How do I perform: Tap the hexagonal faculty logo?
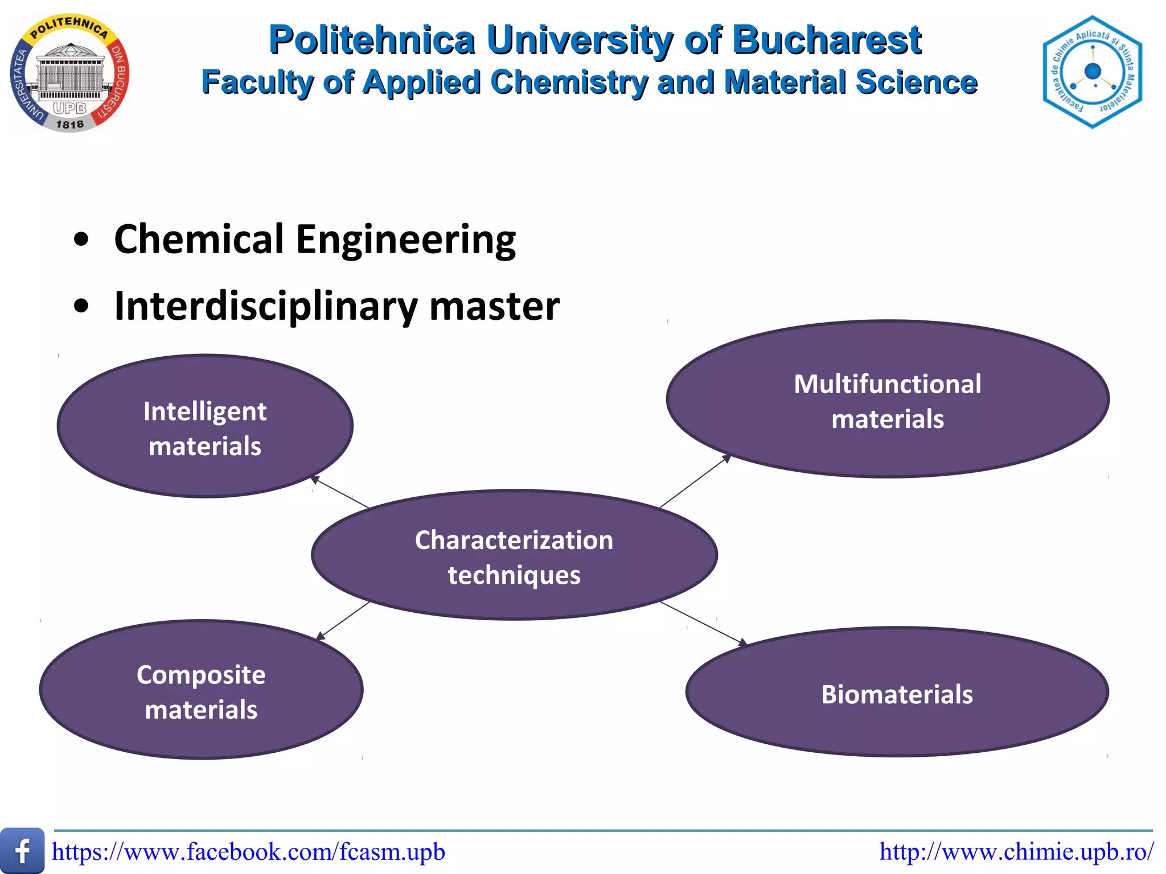click(1092, 72)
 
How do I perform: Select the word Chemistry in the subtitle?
click(569, 82)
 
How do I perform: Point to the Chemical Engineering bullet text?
click(315, 239)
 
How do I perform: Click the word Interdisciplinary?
click(266, 306)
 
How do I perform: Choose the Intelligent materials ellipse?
click(205, 427)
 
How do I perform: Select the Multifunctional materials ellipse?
click(887, 399)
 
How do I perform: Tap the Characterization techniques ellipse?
click(514, 555)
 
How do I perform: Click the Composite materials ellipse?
click(201, 690)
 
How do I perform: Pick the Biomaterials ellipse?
click(897, 693)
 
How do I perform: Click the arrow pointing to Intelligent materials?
click(340, 492)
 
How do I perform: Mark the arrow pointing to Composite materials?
click(343, 621)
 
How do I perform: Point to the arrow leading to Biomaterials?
click(704, 624)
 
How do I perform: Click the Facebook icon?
click(22, 851)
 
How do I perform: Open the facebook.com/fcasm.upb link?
click(248, 852)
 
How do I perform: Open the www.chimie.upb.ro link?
click(1016, 852)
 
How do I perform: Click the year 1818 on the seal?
click(69, 123)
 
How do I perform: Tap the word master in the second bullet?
click(494, 306)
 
